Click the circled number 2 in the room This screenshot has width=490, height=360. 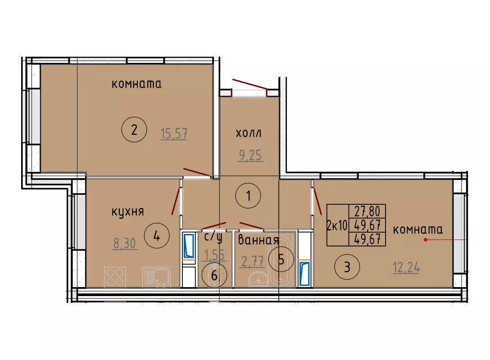(134, 129)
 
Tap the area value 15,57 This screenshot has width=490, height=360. (174, 134)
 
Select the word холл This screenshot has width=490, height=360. (249, 133)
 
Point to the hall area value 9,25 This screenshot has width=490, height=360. (250, 155)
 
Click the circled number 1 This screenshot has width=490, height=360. (248, 196)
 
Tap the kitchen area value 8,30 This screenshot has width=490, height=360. (125, 243)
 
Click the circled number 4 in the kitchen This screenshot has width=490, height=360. (157, 236)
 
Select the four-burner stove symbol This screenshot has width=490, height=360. (115, 277)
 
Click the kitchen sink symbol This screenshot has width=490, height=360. (156, 277)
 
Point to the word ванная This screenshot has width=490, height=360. (259, 240)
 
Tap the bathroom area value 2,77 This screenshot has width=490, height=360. (253, 261)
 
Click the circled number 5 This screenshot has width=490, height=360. (281, 259)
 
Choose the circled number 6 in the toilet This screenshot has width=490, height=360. (214, 275)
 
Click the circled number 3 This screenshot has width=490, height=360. (347, 267)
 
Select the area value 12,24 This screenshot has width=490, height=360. (406, 268)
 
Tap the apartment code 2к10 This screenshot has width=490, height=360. (337, 225)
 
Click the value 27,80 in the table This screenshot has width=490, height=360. (367, 211)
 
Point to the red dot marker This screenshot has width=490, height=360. (425, 240)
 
